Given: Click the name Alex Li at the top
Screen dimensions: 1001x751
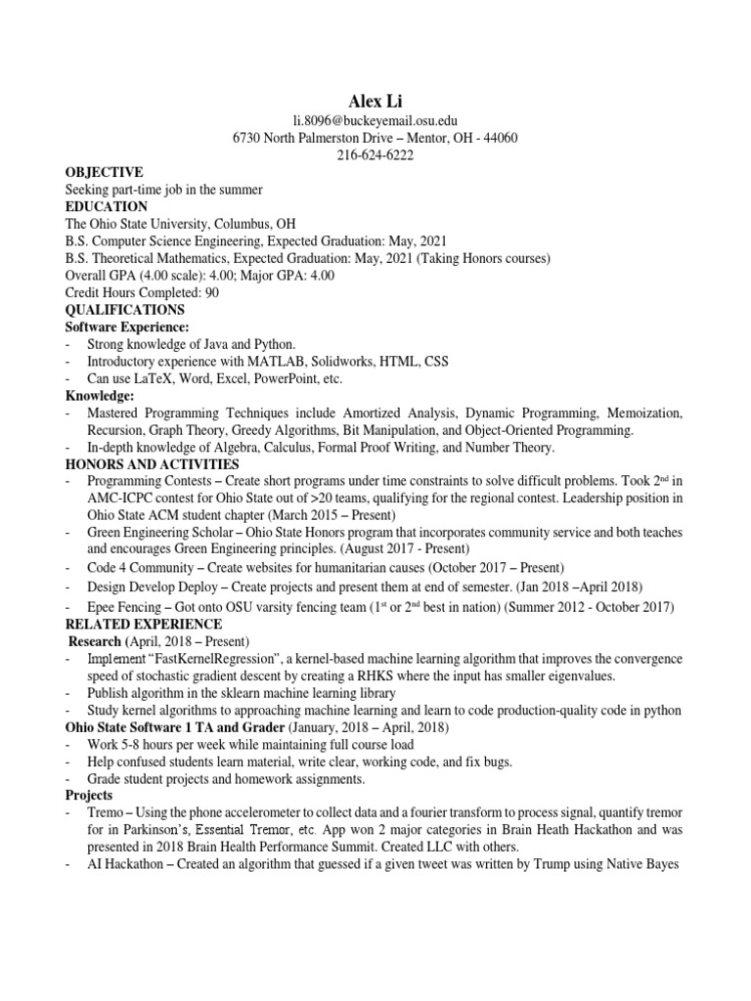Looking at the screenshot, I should pyautogui.click(x=375, y=101).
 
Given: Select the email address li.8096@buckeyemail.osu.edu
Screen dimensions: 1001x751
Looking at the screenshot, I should pyautogui.click(x=375, y=120).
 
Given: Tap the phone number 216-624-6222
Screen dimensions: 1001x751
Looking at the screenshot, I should pyautogui.click(x=375, y=155).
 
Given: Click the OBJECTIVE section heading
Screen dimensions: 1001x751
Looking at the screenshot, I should pyautogui.click(x=104, y=172).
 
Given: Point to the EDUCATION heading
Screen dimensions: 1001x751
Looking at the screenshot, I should pyautogui.click(x=106, y=206).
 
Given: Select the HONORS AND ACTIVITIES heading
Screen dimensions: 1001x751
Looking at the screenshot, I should pyautogui.click(x=152, y=463).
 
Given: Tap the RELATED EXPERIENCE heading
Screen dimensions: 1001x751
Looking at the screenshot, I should pyautogui.click(x=143, y=624).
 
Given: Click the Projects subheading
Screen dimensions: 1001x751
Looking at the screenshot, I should pyautogui.click(x=89, y=796).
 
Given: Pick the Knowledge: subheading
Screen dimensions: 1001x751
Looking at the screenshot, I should pyautogui.click(x=99, y=396).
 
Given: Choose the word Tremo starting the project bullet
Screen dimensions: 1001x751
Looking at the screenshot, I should pyautogui.click(x=106, y=812).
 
